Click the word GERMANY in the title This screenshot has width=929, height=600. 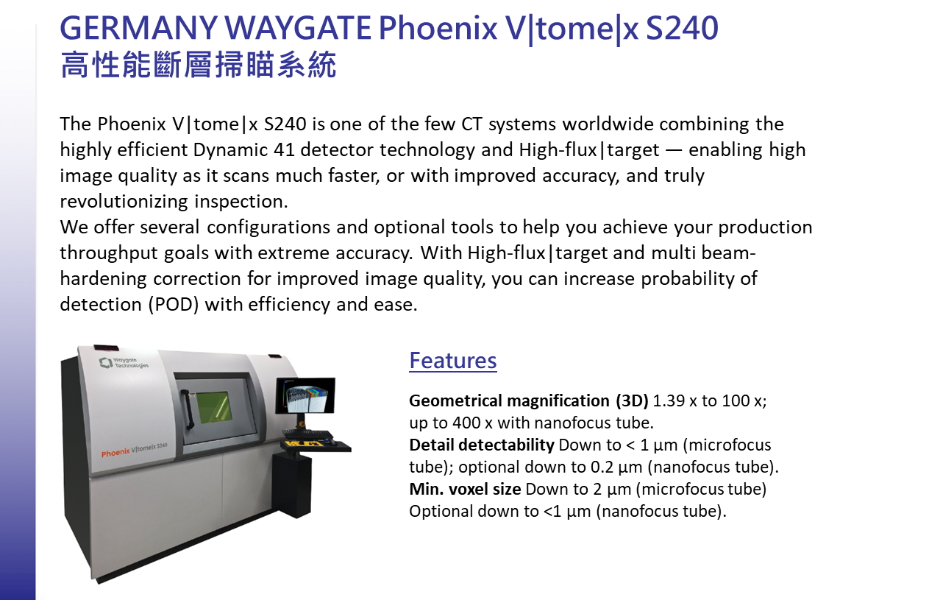138,28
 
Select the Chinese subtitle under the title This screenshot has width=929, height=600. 199,65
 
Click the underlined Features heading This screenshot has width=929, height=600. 453,360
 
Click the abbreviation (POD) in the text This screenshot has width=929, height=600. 174,304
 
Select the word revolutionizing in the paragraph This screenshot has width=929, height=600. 124,202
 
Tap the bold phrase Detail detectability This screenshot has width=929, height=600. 482,445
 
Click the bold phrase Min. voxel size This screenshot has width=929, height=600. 465,489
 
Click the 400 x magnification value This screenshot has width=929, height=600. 472,423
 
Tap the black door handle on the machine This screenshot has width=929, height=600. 187,409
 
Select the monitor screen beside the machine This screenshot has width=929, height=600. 306,395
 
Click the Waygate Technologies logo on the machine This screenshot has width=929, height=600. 124,363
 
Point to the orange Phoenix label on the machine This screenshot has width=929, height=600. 115,452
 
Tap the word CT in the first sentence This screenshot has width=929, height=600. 472,124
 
